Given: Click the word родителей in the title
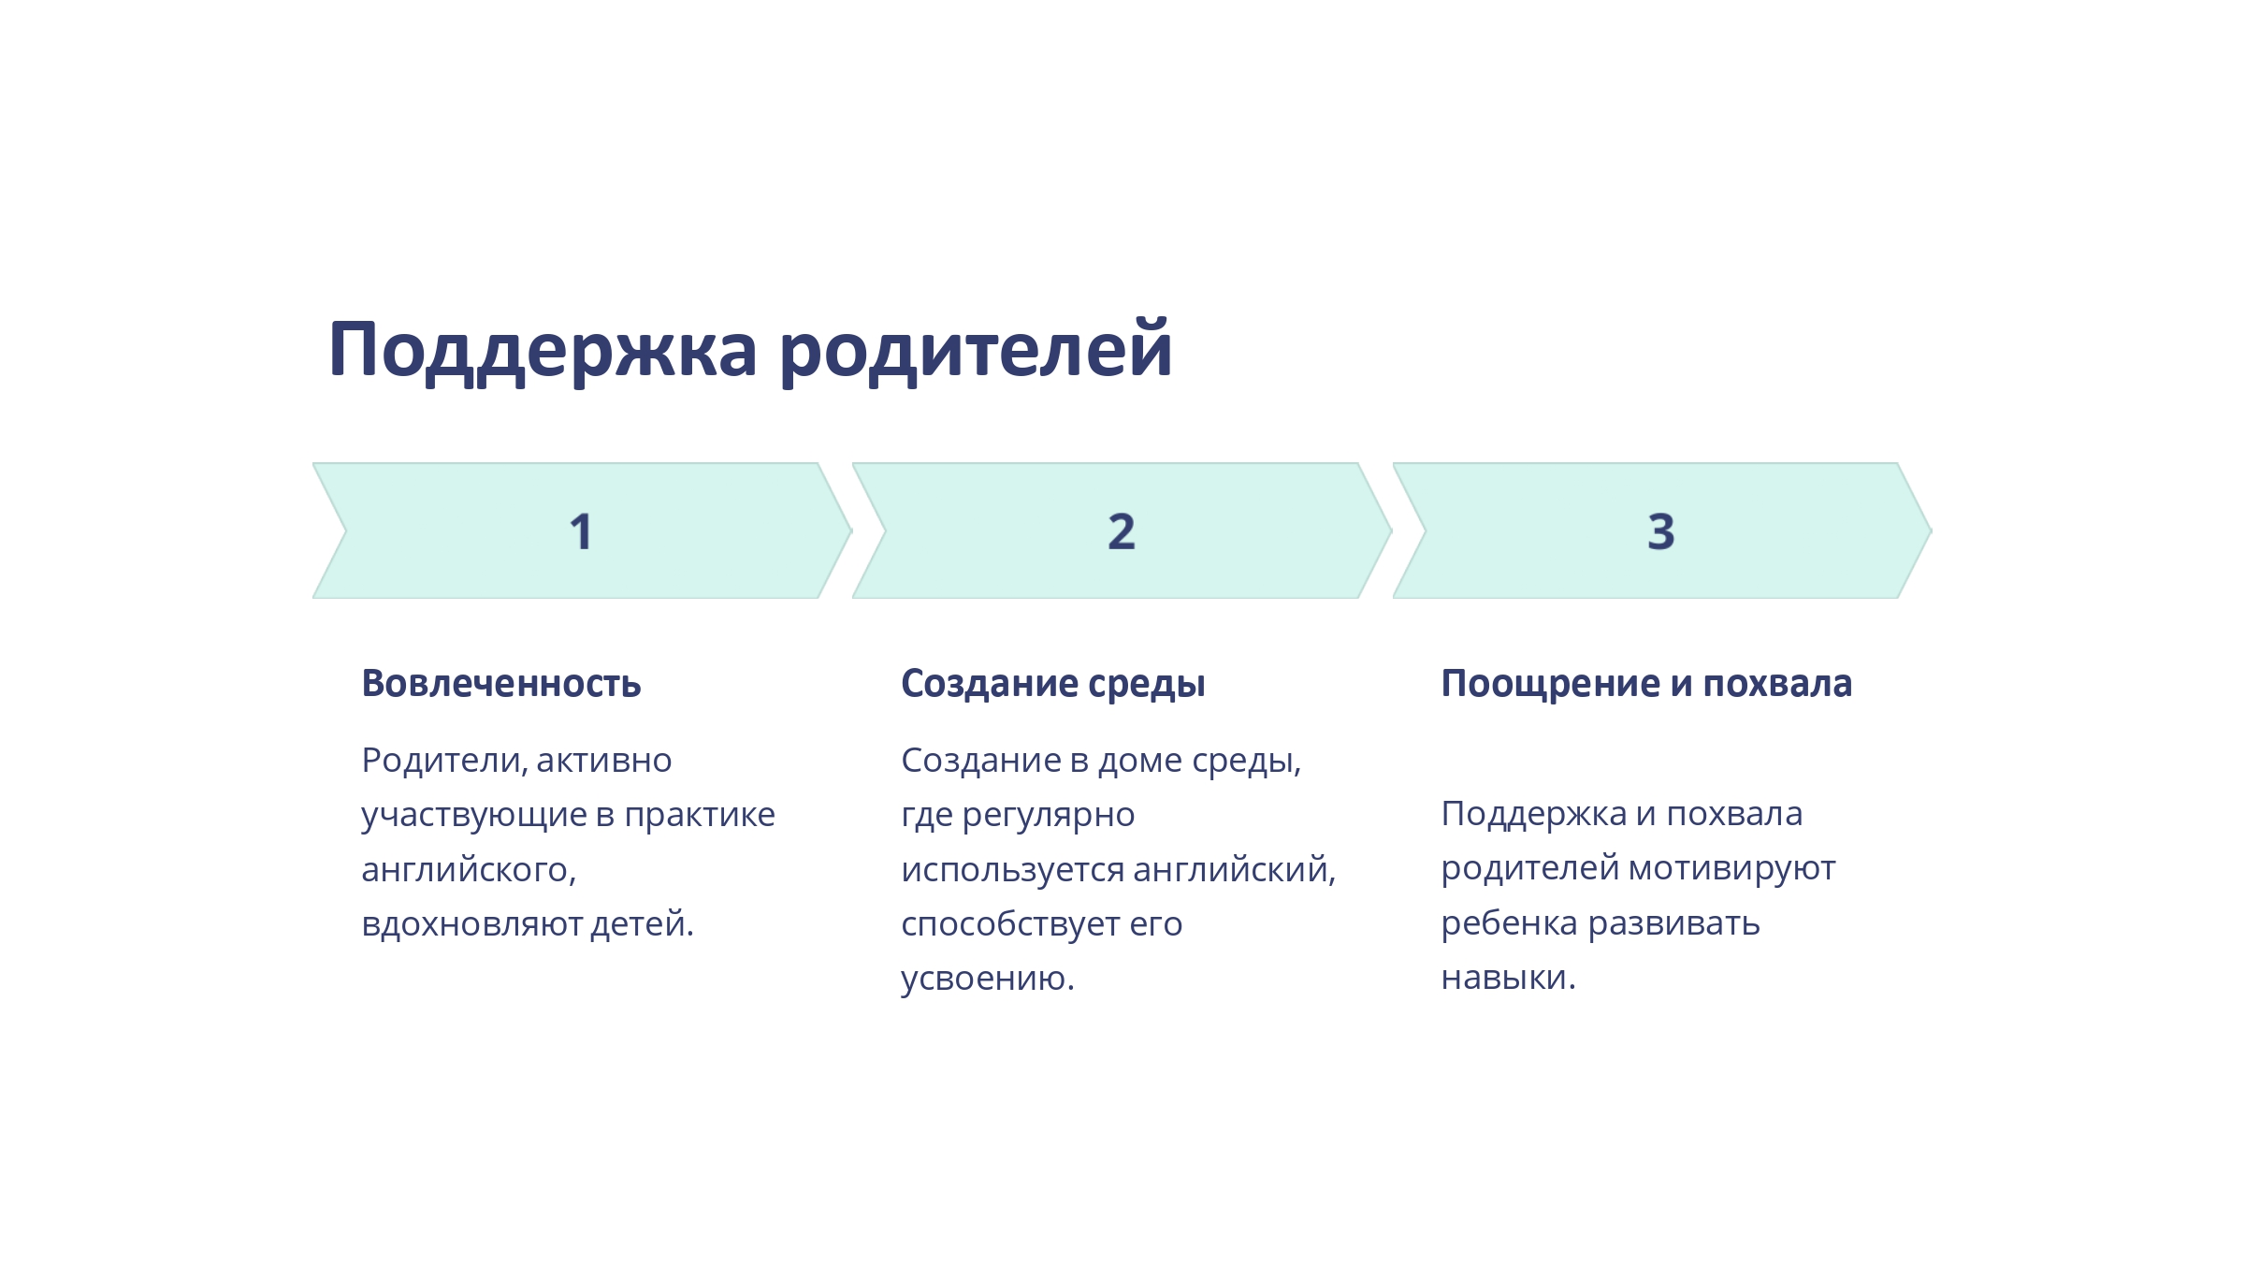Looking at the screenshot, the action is (976, 351).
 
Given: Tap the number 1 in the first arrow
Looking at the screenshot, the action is (581, 531).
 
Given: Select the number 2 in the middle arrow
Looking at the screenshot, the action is (1122, 531).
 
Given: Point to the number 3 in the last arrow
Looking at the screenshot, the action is (1661, 531).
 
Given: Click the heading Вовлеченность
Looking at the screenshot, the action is (501, 684).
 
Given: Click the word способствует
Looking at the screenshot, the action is (1010, 925).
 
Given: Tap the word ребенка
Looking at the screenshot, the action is (1510, 924).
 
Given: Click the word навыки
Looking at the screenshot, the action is (1509, 978).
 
